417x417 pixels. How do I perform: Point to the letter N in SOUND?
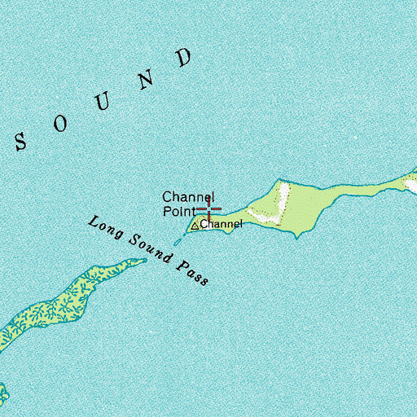pyautogui.click(x=147, y=79)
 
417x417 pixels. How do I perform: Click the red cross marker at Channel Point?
pyautogui.click(x=208, y=209)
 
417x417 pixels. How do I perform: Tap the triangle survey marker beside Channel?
pyautogui.click(x=195, y=225)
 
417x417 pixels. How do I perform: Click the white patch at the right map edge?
pyautogui.click(x=411, y=185)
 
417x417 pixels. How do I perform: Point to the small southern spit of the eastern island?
pyautogui.click(x=301, y=235)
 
